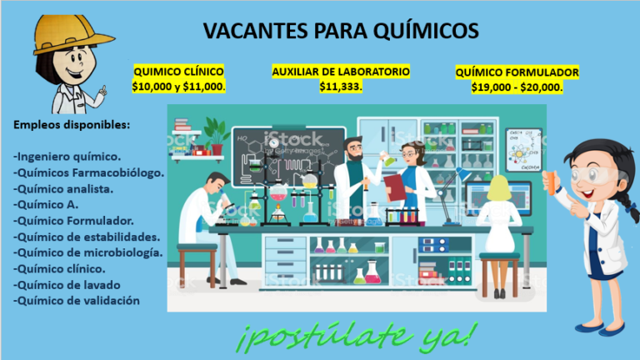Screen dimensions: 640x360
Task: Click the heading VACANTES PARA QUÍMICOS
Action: click(x=341, y=31)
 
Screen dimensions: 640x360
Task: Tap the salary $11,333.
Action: click(x=341, y=87)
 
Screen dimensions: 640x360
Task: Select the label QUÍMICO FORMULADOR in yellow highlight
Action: click(x=517, y=72)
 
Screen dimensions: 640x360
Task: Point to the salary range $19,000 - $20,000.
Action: click(x=517, y=87)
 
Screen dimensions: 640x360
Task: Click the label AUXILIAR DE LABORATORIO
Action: click(x=341, y=72)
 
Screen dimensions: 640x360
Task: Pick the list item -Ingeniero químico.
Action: click(x=67, y=157)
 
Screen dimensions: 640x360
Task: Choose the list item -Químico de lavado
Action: click(x=67, y=285)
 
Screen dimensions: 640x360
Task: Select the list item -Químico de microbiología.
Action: click(x=87, y=253)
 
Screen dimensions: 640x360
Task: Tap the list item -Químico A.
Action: click(x=46, y=204)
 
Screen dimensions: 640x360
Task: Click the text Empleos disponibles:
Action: click(x=72, y=125)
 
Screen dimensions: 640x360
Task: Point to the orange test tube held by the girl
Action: click(x=551, y=182)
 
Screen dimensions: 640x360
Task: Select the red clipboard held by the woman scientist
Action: click(x=394, y=187)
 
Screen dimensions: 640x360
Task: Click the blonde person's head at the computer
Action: click(x=499, y=187)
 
